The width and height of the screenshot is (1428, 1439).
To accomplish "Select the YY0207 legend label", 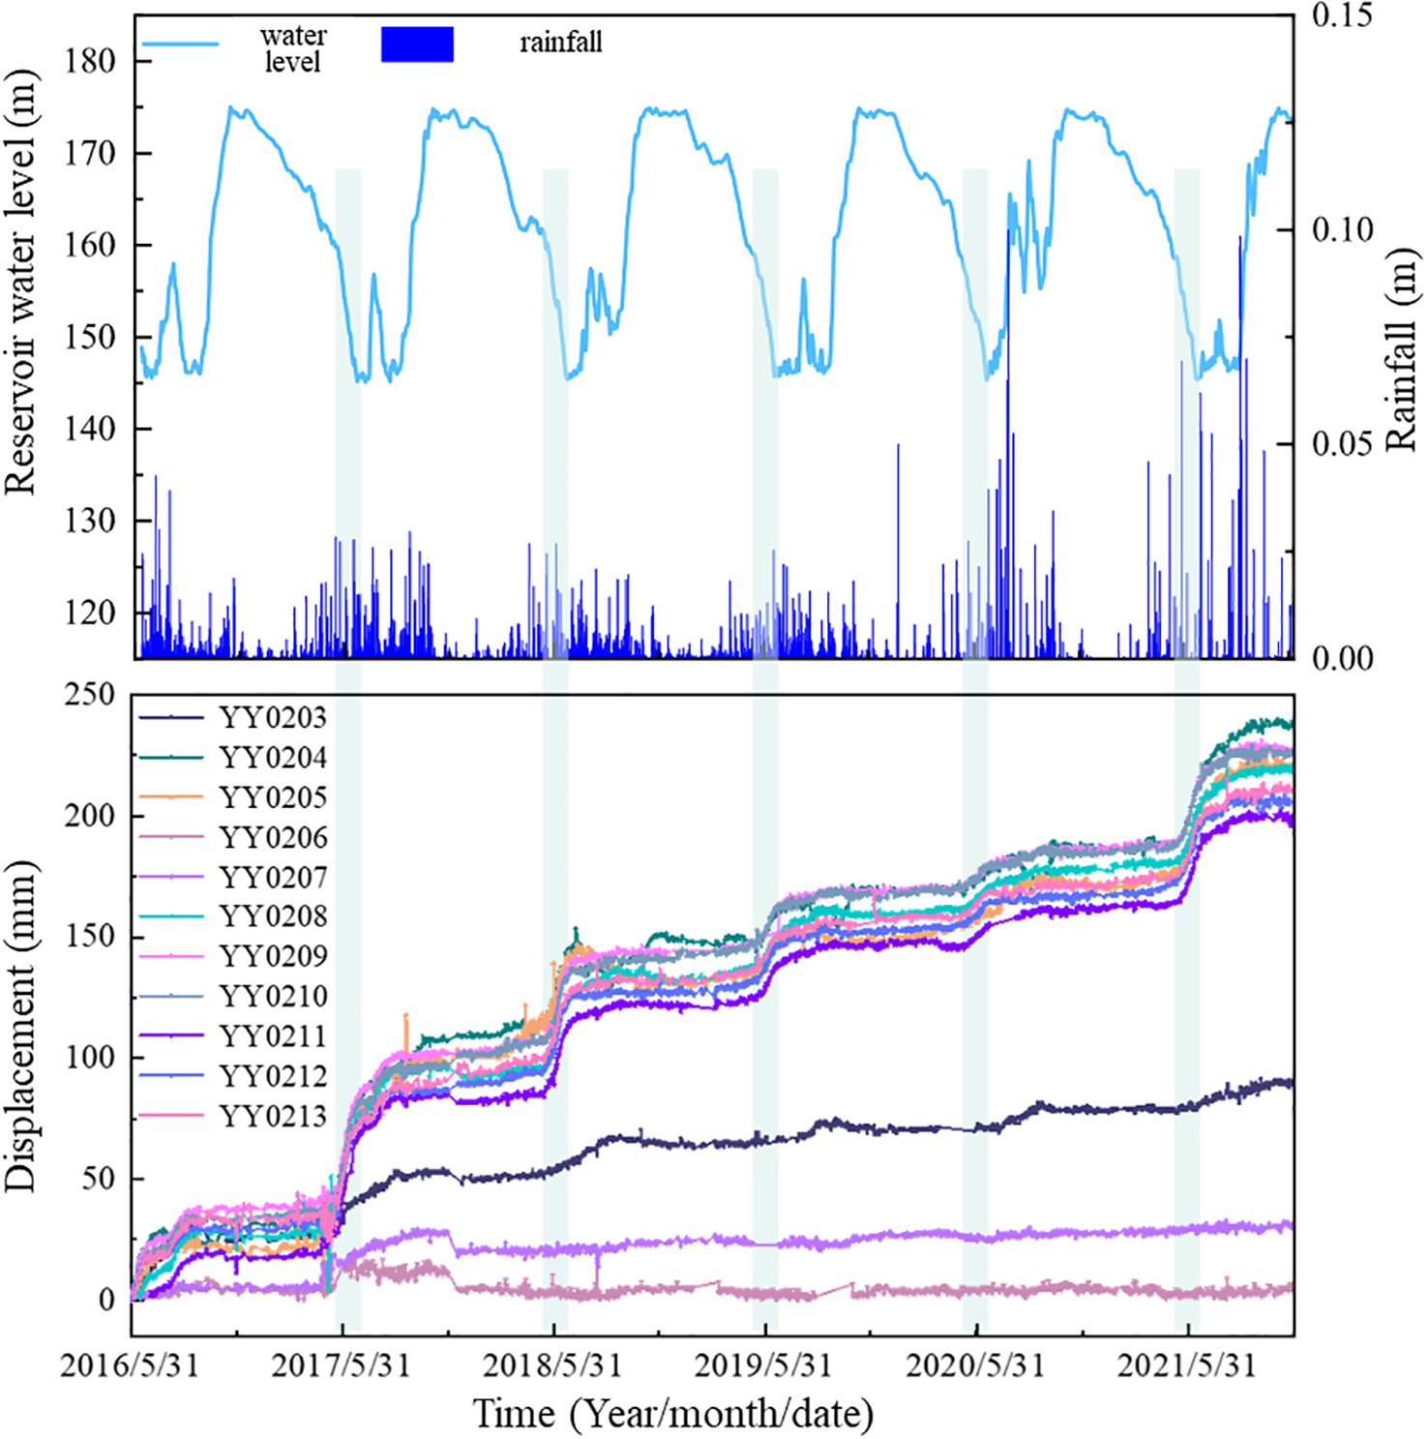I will tap(272, 878).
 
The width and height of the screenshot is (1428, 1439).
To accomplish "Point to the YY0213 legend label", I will tap(272, 1117).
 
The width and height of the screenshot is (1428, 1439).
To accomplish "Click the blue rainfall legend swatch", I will tap(417, 45).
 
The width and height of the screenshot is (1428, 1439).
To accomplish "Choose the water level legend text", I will tap(293, 48).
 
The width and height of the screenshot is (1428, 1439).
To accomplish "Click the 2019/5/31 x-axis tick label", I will tap(763, 1366).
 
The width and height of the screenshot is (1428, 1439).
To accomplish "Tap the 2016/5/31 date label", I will tap(130, 1366).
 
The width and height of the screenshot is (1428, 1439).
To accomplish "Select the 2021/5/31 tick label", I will tap(1186, 1366).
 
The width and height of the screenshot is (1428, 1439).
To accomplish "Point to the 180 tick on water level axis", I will tap(90, 61).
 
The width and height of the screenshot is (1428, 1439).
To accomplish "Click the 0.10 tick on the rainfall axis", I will tap(1342, 230).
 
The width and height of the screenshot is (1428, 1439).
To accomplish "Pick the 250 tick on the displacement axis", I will tap(90, 695).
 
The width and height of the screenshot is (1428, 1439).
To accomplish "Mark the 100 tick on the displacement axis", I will tap(90, 1058).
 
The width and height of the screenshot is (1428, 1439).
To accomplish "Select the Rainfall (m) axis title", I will tap(1401, 350).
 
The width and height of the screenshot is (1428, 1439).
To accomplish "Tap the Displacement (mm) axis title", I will tap(21, 1026).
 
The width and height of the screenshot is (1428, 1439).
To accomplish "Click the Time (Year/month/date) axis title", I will tap(672, 1414).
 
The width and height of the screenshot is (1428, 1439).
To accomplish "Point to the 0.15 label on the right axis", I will tap(1342, 15).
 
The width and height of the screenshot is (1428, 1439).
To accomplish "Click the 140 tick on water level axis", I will tap(90, 429).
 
